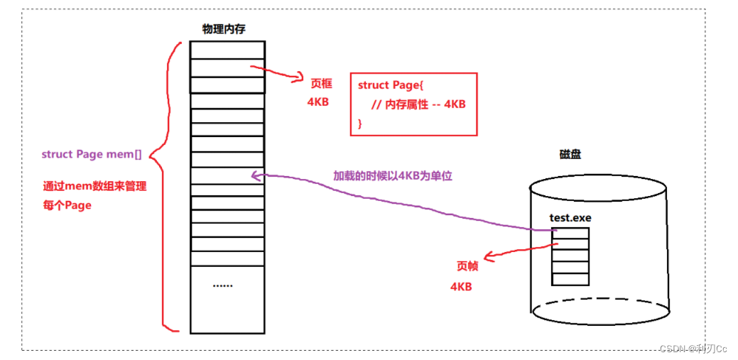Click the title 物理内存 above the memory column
coord(227,28)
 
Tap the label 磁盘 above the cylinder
coord(570,154)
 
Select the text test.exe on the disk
coord(570,217)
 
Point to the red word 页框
coord(320,84)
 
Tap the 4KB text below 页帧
coord(461,287)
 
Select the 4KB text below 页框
coord(318,102)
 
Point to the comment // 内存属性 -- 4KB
coord(418,104)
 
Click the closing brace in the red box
coord(360,123)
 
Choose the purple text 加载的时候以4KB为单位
coord(393,175)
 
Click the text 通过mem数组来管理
coord(94,187)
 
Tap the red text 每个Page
coord(67,205)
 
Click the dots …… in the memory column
coord(222,285)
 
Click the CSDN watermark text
coord(693,349)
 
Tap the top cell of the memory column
coord(227,50)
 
